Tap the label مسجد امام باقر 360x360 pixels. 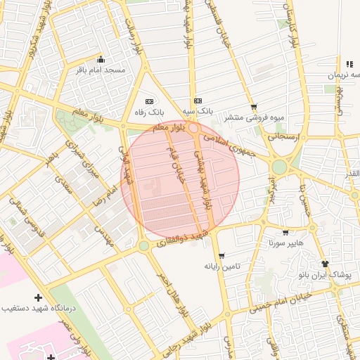[101, 70]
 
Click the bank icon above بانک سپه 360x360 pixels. [198, 101]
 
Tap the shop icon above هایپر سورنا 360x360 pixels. [285, 233]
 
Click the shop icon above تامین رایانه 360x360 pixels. [222, 256]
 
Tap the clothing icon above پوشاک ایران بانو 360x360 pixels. [324, 262]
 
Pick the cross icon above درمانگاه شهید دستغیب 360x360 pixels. [38, 297]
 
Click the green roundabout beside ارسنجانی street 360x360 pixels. [280, 167]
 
